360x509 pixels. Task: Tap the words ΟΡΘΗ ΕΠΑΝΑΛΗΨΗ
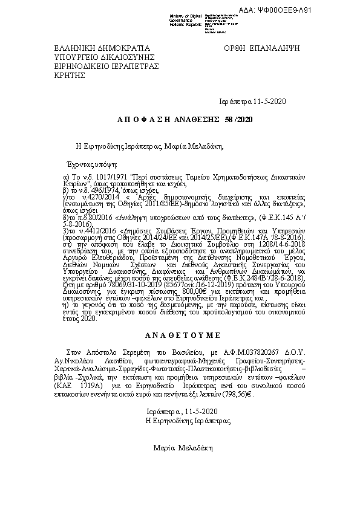(262, 48)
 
